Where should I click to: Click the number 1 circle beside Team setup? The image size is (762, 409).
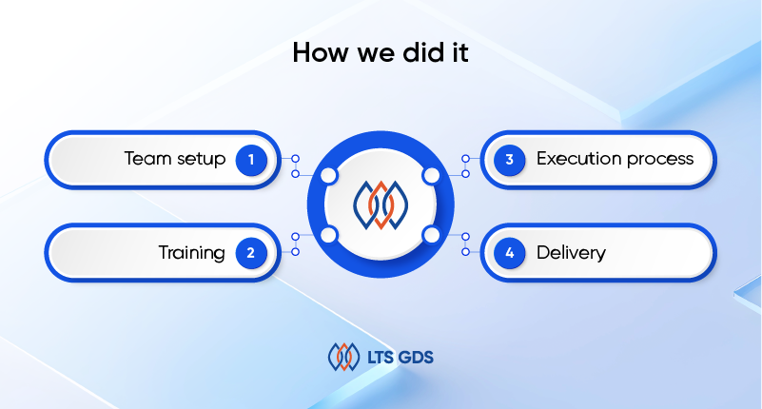[x=251, y=160]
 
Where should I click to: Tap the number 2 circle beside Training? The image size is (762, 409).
[x=251, y=253]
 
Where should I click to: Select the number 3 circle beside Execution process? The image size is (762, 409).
[x=509, y=160]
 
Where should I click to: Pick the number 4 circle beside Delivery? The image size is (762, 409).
[x=509, y=253]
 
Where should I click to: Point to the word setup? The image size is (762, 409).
[x=201, y=161]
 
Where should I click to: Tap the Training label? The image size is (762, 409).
[x=191, y=253]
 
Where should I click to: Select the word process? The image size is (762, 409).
[x=660, y=161]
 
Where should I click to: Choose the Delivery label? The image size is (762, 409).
[x=571, y=253]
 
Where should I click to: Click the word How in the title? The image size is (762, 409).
[x=321, y=52]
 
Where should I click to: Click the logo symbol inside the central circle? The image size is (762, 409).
[x=381, y=205]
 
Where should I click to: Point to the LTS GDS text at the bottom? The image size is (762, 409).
[x=400, y=358]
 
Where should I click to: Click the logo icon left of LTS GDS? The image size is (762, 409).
[x=344, y=357]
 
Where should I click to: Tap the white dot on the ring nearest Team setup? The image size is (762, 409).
[x=329, y=176]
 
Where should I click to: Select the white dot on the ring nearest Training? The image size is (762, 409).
[x=329, y=235]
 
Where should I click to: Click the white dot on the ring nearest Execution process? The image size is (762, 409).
[x=431, y=176]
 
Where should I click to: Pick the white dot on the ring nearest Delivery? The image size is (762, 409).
[x=431, y=235]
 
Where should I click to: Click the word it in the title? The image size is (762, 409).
[x=460, y=52]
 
